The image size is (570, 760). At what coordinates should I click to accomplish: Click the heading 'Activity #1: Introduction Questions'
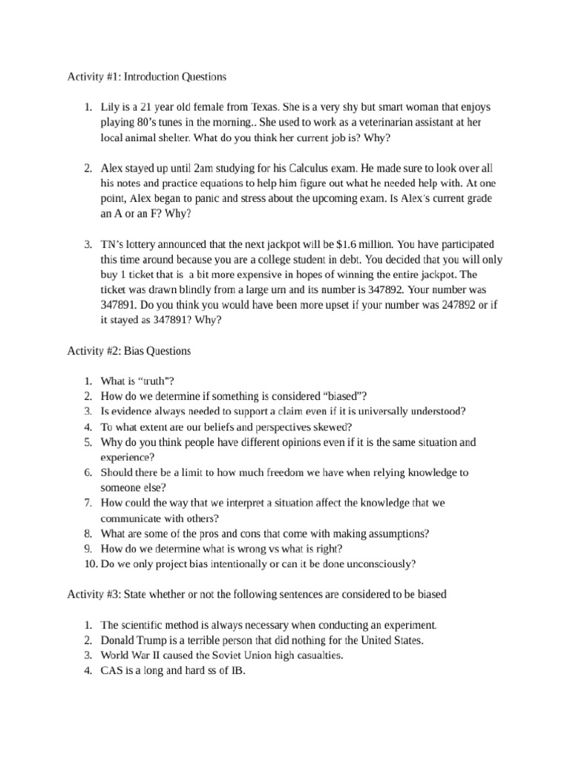(146, 76)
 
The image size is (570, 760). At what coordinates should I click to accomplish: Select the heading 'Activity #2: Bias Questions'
(129, 351)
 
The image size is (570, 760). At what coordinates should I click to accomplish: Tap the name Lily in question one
(111, 108)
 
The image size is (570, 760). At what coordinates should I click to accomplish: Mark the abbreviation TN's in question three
(114, 245)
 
